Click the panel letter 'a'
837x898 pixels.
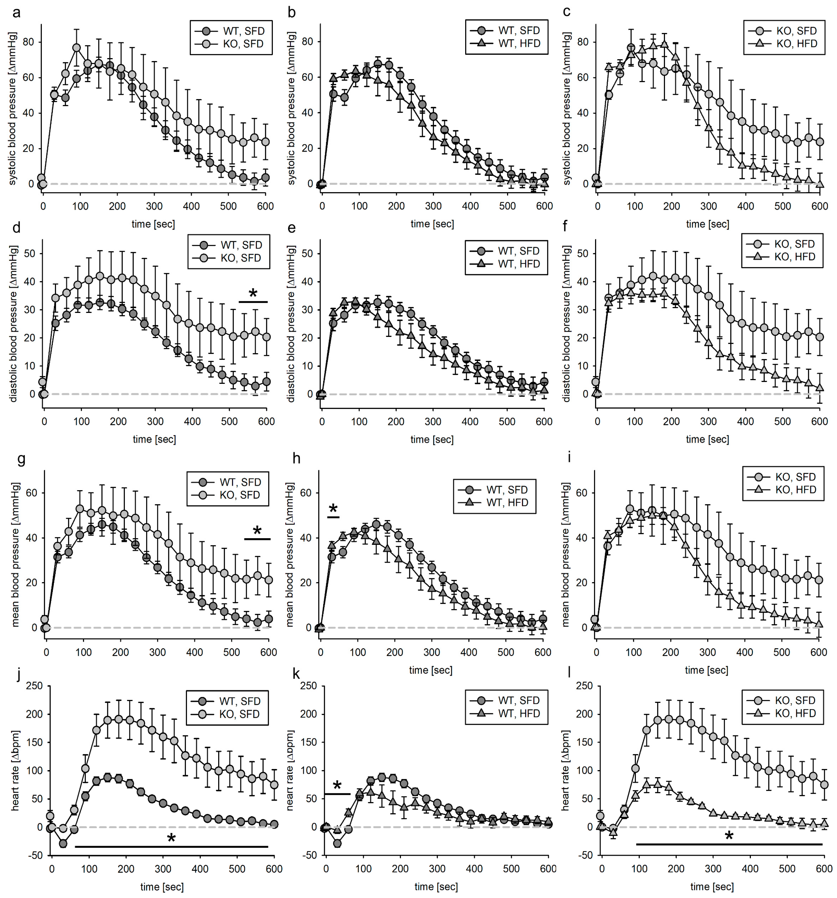(16, 13)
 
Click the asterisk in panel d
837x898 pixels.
(253, 294)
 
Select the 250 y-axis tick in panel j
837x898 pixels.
(34, 686)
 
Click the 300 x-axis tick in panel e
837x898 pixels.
(433, 421)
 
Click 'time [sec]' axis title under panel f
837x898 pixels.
(707, 439)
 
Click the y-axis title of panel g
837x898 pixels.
(15, 555)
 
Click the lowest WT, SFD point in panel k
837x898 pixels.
(337, 843)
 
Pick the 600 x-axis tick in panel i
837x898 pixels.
(819, 652)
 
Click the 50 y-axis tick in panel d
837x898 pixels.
(29, 253)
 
